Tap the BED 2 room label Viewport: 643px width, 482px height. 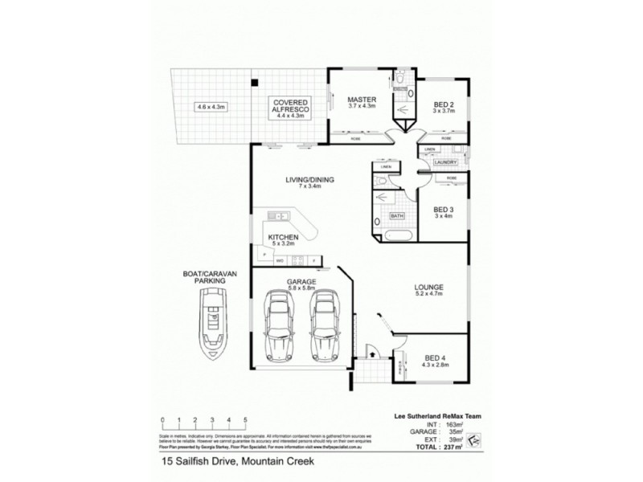click(444, 104)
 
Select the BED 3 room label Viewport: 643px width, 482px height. click(443, 206)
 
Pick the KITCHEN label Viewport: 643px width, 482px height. click(284, 238)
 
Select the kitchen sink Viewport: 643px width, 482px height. click(278, 215)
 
